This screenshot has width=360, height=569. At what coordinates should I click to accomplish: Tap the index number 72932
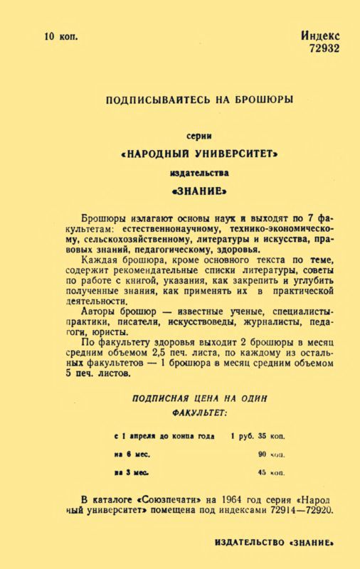324,48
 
